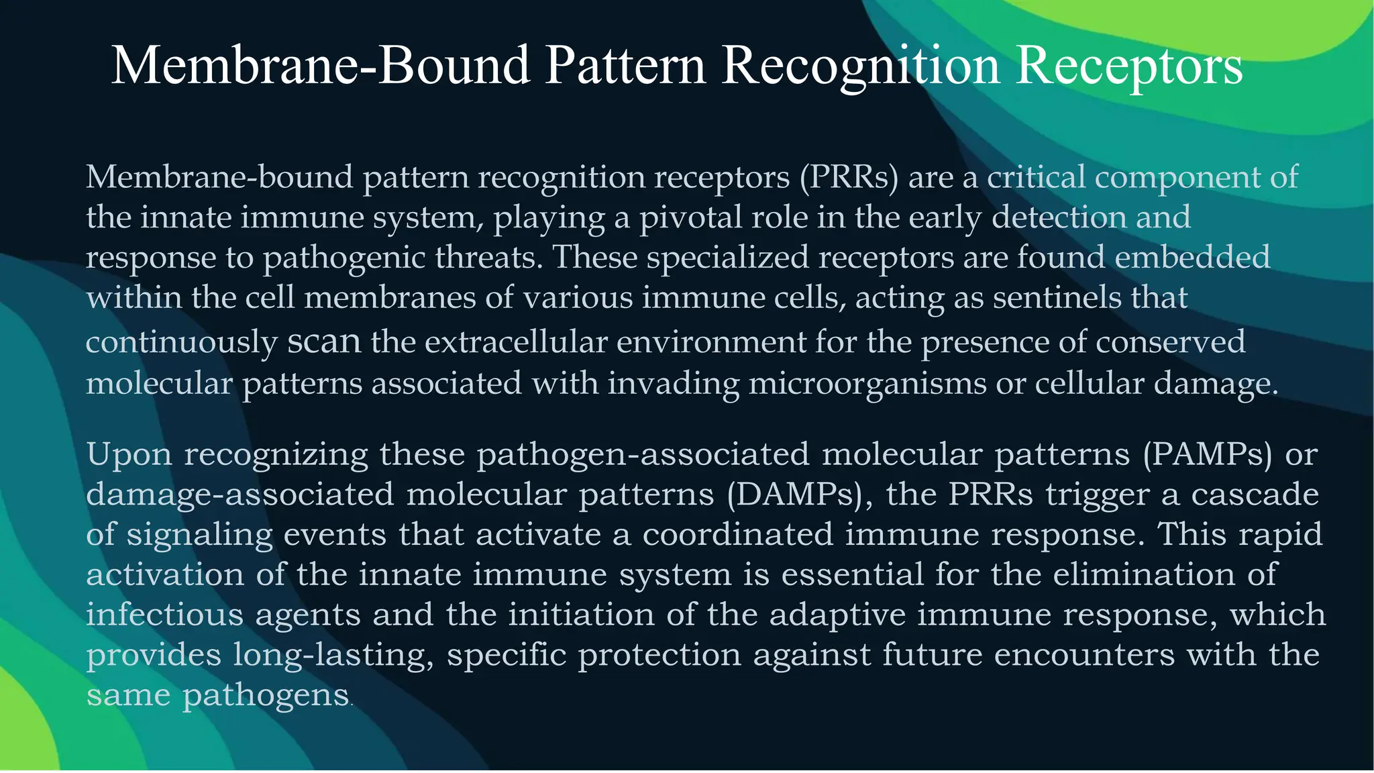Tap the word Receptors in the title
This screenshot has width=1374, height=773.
click(x=1129, y=66)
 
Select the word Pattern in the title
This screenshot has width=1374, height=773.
click(x=625, y=66)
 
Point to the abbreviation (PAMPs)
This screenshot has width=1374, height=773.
click(x=1208, y=454)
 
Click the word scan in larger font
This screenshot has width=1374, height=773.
click(x=324, y=342)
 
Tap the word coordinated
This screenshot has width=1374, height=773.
click(x=738, y=535)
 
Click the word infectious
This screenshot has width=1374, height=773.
click(x=165, y=615)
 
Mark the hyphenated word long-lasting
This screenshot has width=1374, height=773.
click(x=334, y=656)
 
